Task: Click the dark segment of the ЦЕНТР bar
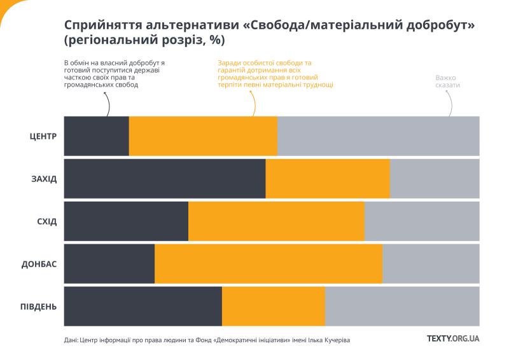[x=97, y=136]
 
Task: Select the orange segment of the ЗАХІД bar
[x=328, y=179]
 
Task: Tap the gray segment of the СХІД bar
[x=422, y=221]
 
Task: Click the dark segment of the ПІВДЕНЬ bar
[x=143, y=307]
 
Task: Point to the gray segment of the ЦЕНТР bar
[x=379, y=136]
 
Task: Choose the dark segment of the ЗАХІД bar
[x=165, y=179]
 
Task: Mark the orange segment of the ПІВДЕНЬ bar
[x=274, y=307]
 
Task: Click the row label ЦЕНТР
[x=43, y=136]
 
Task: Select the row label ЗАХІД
[x=44, y=179]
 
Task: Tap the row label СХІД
[x=47, y=221]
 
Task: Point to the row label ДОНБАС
[x=39, y=264]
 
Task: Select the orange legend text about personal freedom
[x=275, y=74]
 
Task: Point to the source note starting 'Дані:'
[x=207, y=340]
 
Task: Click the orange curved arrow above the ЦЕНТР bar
[x=253, y=102]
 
